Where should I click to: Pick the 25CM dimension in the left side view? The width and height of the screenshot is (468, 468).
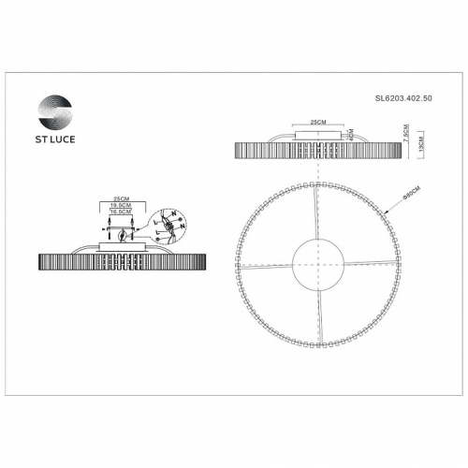120,199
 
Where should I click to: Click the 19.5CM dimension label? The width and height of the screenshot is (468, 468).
120,207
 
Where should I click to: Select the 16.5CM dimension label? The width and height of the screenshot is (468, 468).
120,214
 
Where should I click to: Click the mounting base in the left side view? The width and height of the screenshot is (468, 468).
121,249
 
